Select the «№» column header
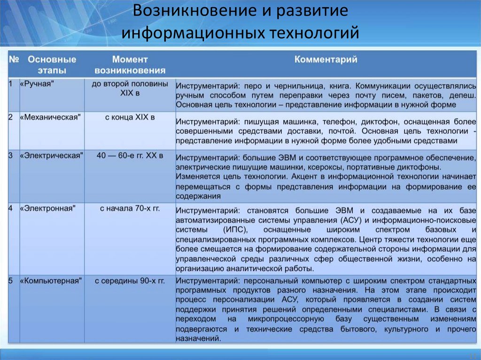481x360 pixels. [14, 60]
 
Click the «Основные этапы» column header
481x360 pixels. [52, 65]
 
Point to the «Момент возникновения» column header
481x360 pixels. [130, 65]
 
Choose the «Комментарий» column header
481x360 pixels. [326, 60]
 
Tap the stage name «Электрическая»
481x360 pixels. [51, 155]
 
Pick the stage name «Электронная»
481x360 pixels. [47, 207]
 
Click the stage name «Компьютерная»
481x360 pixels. [51, 281]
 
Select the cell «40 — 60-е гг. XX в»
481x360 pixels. [130, 155]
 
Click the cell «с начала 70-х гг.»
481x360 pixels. [130, 207]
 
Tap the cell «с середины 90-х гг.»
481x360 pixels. [130, 281]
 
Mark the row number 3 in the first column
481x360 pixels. [11, 155]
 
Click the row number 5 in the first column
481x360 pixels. [11, 281]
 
